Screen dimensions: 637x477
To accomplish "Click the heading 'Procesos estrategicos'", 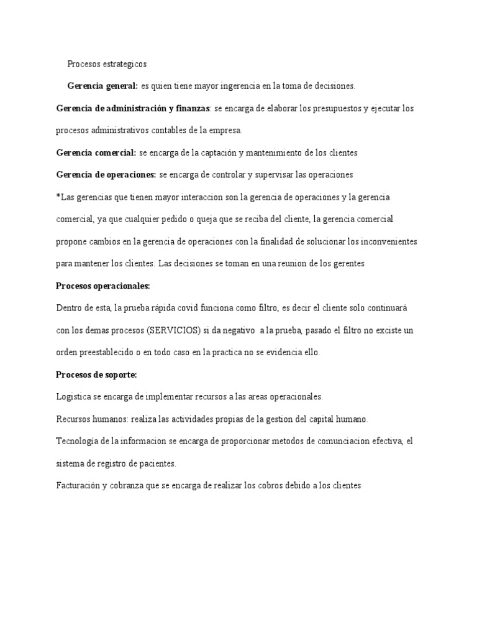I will tap(107, 64).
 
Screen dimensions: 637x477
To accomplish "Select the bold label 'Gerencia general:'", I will tap(102, 86).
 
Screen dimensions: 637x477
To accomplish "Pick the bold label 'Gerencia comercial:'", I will tap(96, 152).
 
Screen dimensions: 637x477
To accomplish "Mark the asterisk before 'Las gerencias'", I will tap(58, 197).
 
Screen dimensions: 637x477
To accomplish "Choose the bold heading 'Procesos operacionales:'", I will tap(103, 286).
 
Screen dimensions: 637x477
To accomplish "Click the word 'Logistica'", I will tap(73, 396).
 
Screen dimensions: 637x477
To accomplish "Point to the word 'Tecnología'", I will tap(78, 441).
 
